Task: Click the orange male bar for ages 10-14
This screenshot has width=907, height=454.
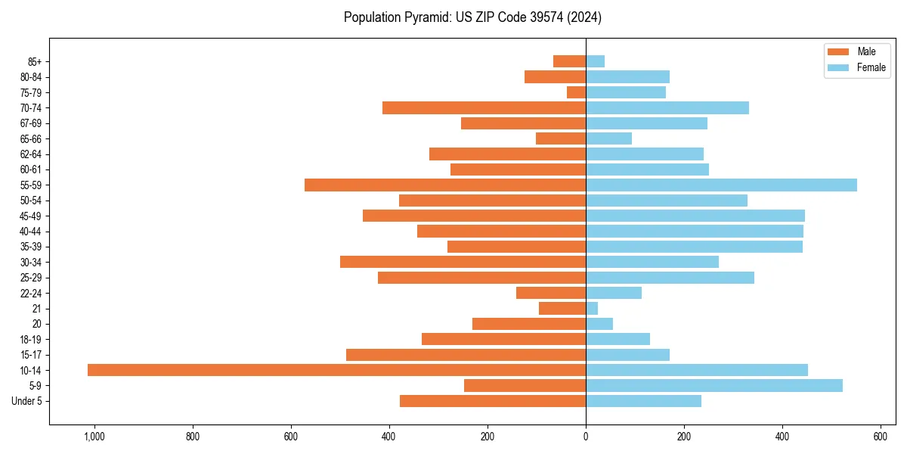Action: tap(336, 370)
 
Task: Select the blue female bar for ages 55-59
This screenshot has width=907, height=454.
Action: tap(721, 185)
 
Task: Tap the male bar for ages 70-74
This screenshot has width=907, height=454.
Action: tap(484, 107)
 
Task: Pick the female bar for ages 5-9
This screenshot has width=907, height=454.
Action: tap(714, 385)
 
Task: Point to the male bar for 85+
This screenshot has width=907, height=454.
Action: tap(569, 61)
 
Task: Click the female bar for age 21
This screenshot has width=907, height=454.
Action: tap(592, 308)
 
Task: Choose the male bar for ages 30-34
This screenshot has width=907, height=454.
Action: tap(463, 262)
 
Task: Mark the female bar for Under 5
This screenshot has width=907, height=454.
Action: tap(643, 401)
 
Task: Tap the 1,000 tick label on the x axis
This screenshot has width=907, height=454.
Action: tap(94, 436)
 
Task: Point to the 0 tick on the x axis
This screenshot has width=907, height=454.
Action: tap(586, 436)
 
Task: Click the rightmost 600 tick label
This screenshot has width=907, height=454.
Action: tap(881, 436)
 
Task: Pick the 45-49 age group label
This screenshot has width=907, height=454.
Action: tap(30, 216)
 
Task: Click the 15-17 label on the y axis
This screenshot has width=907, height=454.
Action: tap(30, 355)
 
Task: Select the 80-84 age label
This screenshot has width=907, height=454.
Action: tap(30, 76)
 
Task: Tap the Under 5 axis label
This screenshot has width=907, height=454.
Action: tap(26, 401)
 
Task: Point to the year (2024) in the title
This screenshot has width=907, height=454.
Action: tap(585, 17)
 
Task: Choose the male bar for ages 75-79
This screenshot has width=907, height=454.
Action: tap(576, 92)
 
